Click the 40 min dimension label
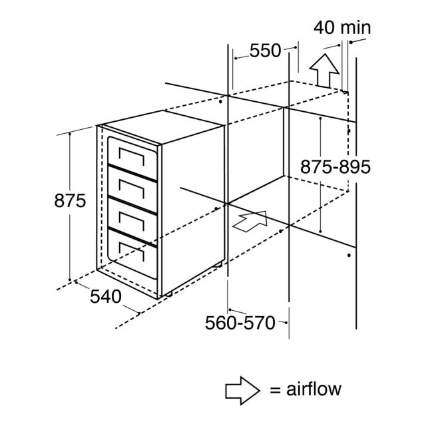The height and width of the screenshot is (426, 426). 342,28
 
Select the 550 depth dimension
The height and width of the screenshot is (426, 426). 265,51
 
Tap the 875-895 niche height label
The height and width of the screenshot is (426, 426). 335,167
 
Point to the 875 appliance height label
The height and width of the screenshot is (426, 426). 70,201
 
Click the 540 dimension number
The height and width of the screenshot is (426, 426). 106,297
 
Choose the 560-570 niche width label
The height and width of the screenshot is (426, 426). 240,323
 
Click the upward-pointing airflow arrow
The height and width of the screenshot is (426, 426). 324,71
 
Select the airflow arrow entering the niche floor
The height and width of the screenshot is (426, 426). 250,221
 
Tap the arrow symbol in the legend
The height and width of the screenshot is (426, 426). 242,391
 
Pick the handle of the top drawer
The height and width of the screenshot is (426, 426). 132,157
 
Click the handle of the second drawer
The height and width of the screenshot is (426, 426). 132,188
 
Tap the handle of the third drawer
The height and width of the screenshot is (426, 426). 132,220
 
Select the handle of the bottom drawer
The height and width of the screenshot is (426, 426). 132,252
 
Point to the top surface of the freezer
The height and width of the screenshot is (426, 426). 163,126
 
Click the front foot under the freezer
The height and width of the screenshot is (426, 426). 170,294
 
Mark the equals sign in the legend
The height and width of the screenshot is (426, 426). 275,390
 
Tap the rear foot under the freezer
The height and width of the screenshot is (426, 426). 218,264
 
